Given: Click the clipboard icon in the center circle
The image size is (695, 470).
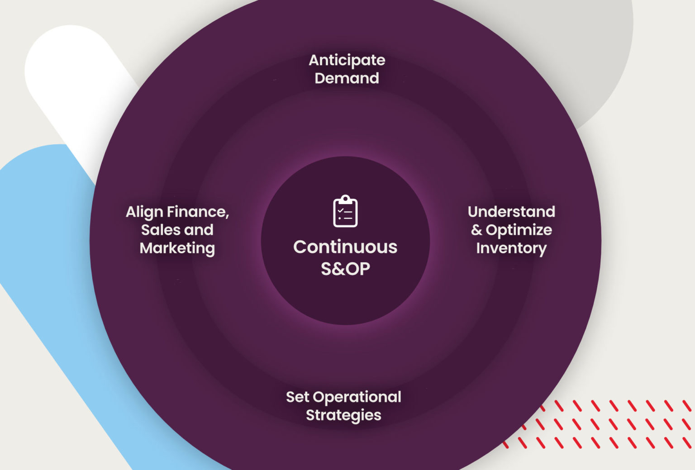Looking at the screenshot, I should [345, 211].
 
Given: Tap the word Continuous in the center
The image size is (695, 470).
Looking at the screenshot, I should [345, 247].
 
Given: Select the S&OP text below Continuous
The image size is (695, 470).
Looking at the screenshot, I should [345, 269].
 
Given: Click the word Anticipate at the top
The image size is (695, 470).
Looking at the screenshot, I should [347, 60].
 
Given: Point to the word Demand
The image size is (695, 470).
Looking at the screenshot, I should [347, 78].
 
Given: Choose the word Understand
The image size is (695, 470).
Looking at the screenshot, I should [511, 212].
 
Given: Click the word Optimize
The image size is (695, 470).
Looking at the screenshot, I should [519, 230].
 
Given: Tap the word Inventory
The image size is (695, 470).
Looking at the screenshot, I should [511, 248].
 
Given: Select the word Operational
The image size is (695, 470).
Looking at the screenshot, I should [357, 397].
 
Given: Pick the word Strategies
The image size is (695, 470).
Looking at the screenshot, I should [343, 415].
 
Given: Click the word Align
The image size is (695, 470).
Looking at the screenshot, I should [144, 212].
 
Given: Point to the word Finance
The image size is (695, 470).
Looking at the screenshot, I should [198, 212].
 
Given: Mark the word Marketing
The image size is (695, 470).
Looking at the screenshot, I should [177, 248].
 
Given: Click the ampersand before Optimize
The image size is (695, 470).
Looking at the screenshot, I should [476, 230].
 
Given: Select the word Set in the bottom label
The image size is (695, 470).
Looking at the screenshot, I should [297, 397].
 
